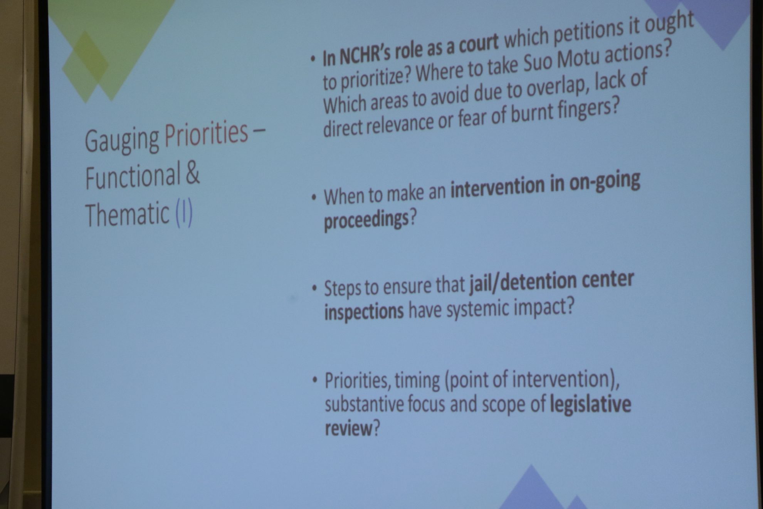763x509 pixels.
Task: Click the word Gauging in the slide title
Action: (x=122, y=140)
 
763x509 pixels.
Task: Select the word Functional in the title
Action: (x=133, y=175)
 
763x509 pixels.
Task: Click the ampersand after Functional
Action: (x=193, y=173)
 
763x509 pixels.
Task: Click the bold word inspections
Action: (x=364, y=311)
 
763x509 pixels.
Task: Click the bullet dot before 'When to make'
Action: (x=314, y=197)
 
